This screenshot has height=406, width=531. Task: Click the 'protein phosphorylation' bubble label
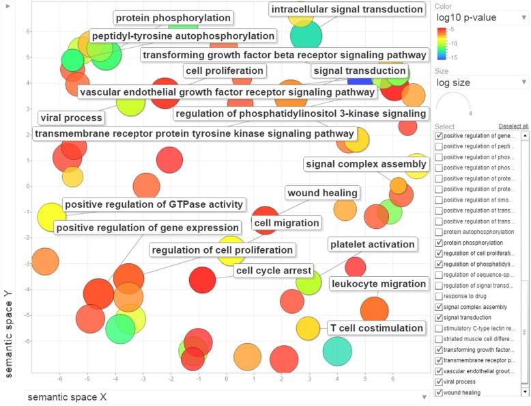pos(173,18)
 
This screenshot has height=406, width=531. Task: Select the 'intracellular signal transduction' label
pos(347,10)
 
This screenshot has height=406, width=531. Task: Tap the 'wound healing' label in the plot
pos(322,193)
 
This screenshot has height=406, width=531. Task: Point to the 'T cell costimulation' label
pos(376,328)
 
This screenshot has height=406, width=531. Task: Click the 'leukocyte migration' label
pos(379,284)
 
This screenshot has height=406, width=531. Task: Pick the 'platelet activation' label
pos(372,244)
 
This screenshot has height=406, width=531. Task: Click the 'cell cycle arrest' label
pos(274,271)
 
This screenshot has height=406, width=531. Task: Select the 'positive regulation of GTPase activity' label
pos(154,204)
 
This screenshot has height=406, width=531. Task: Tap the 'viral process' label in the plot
pos(71,118)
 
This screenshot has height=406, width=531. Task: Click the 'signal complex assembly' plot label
pos(366,164)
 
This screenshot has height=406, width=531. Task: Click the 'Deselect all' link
pos(513,126)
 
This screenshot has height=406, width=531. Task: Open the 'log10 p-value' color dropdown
pos(481,17)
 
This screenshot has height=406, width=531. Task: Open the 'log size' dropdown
pos(481,83)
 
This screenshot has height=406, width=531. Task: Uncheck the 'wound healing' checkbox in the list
pos(439,392)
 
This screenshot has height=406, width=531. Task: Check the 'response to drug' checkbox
pos(439,296)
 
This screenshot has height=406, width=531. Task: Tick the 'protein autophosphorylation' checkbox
pos(439,232)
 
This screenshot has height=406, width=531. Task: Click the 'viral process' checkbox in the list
pos(439,381)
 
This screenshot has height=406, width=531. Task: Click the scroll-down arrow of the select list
pos(524,392)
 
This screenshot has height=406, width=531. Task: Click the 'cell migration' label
pos(287,223)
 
